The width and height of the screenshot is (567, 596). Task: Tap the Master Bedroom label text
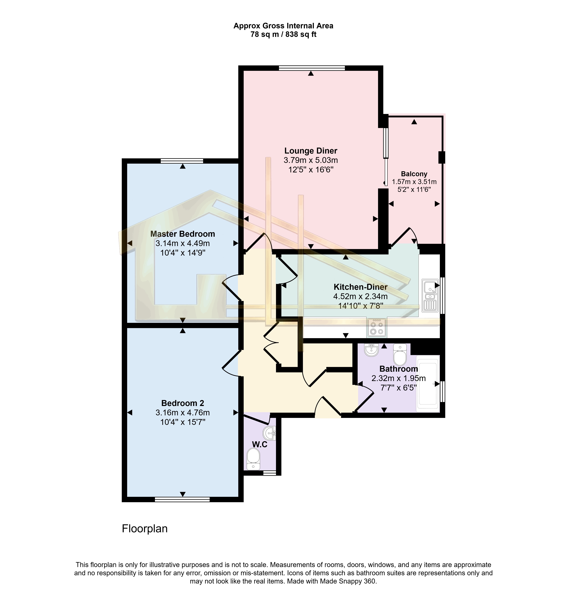[183, 234]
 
